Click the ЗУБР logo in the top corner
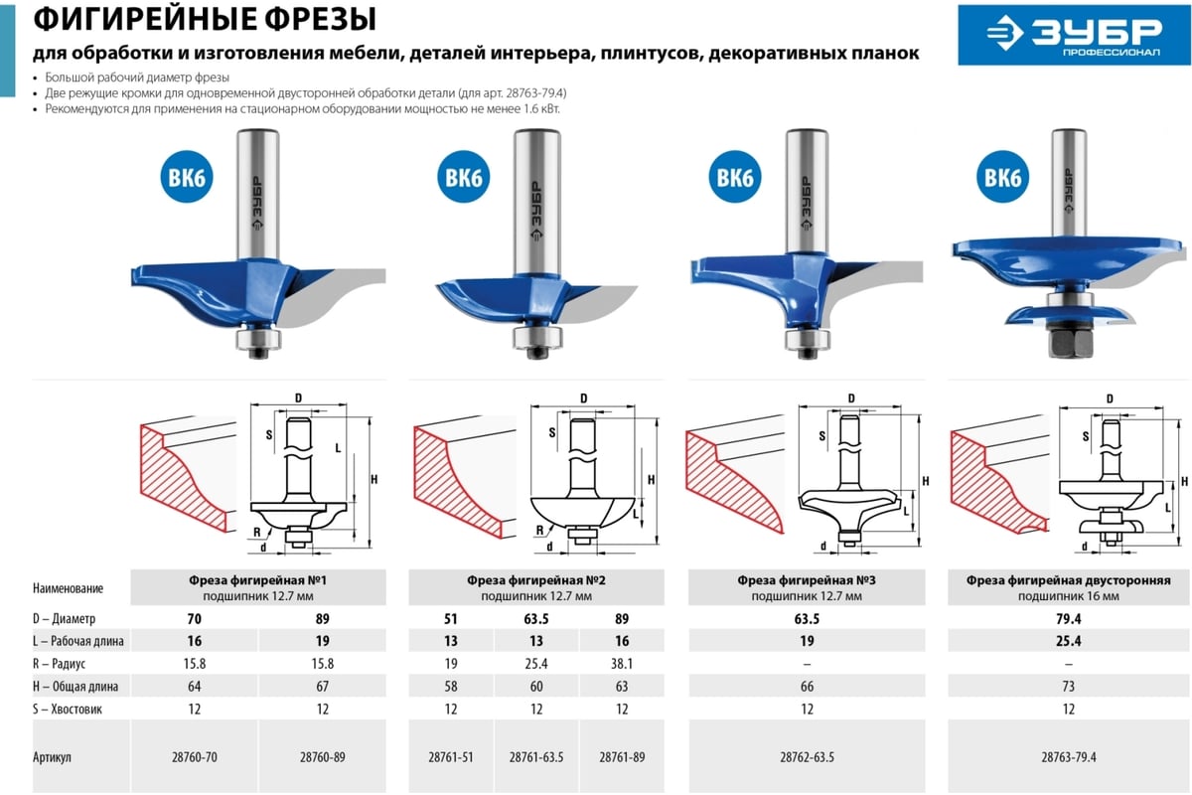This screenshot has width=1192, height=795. point(1074,35)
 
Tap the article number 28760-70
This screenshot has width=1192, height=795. point(195,756)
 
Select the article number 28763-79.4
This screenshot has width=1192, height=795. point(1069,756)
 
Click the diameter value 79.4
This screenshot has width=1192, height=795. point(1069,619)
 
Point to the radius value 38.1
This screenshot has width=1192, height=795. point(622,664)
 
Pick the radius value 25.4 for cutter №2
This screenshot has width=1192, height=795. point(535,664)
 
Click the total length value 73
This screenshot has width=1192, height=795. point(1069,687)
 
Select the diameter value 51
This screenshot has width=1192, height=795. point(451,619)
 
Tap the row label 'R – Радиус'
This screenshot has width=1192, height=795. point(59,664)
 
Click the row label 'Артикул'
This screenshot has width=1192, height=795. point(52,756)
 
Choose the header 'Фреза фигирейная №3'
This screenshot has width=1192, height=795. point(807,580)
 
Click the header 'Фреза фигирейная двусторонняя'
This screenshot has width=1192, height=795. point(1069,580)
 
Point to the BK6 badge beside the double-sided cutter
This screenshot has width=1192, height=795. point(1002,177)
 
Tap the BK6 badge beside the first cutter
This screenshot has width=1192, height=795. point(187,177)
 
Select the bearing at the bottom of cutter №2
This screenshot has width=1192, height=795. point(537,338)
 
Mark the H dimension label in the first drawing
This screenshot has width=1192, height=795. point(374,479)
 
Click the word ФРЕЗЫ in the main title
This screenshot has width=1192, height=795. point(320,19)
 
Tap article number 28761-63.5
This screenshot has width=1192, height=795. point(535,756)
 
